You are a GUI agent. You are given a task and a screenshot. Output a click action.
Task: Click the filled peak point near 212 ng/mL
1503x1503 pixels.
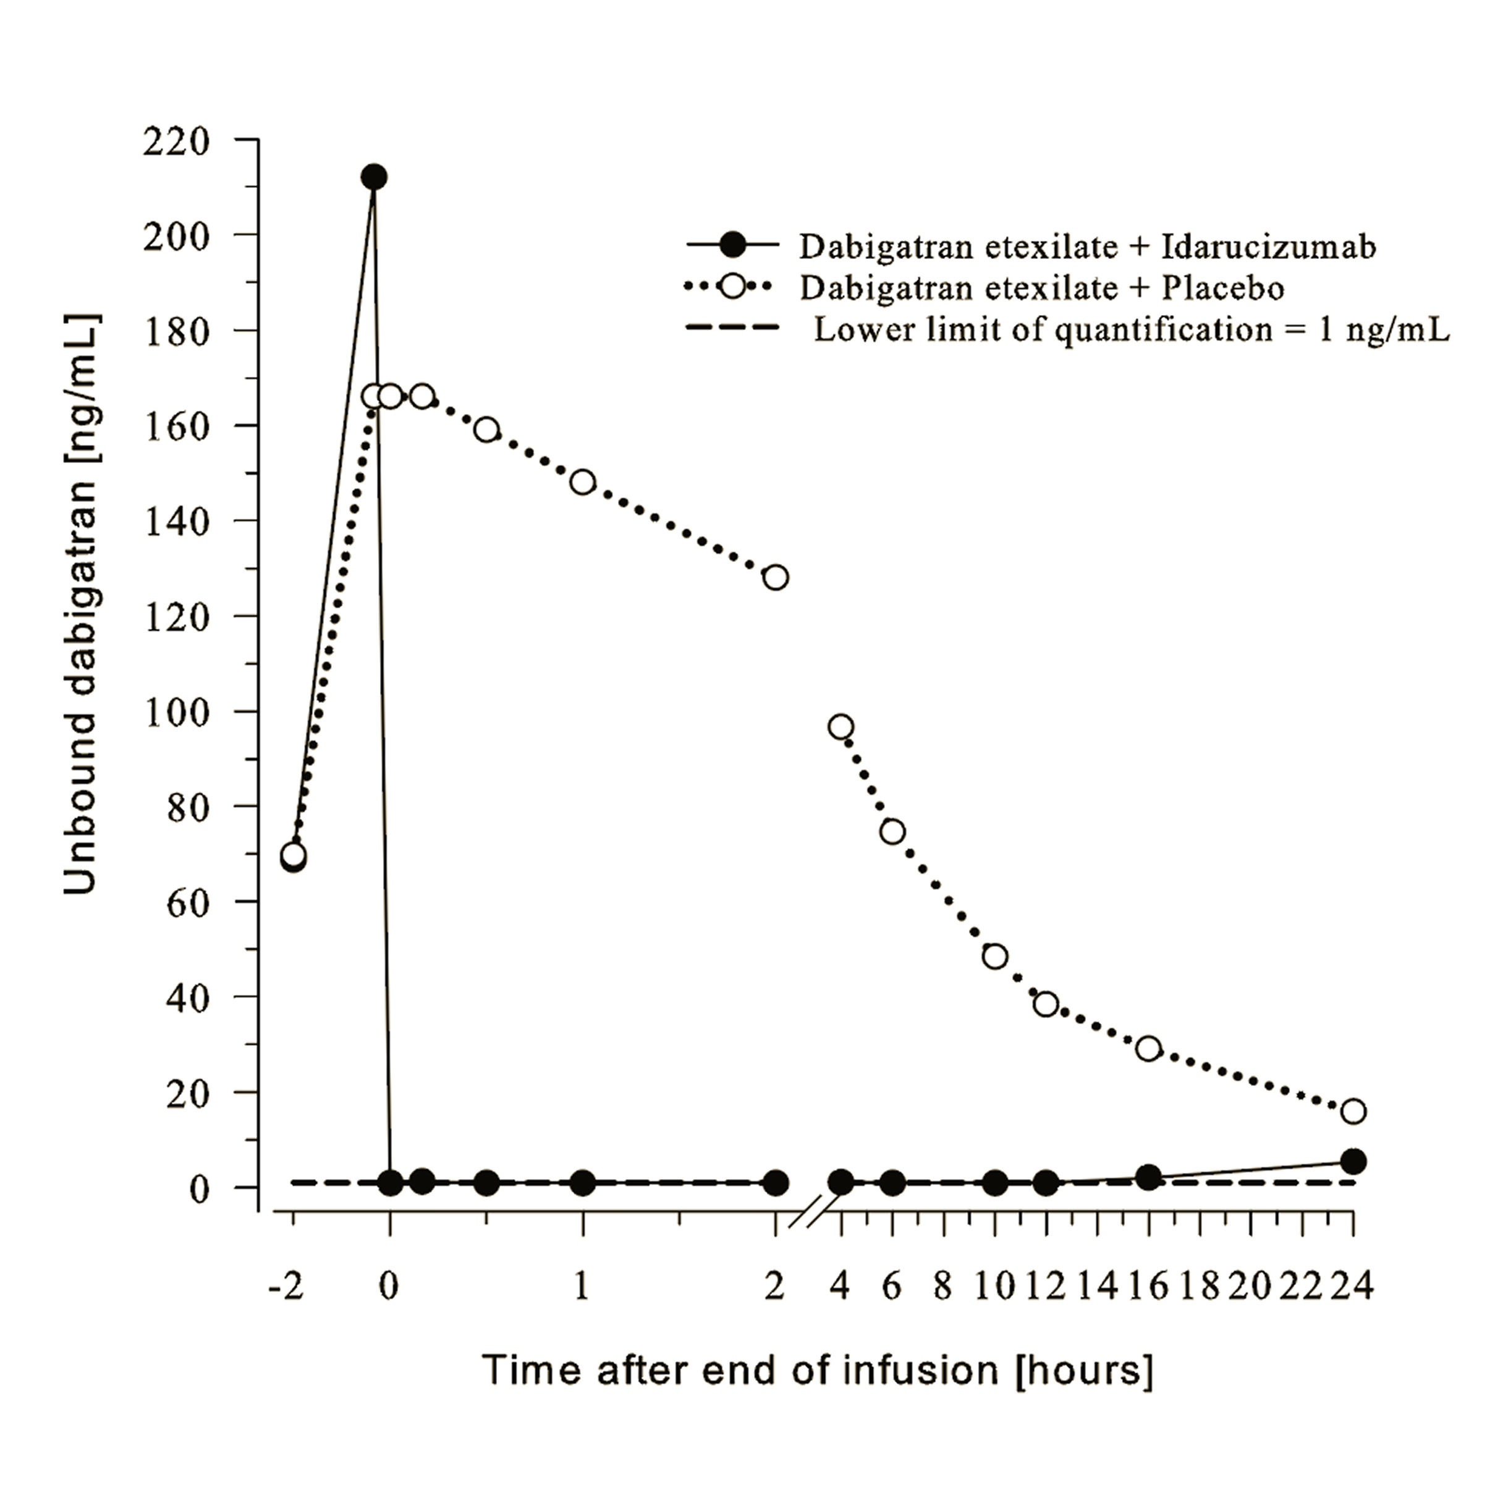point(374,177)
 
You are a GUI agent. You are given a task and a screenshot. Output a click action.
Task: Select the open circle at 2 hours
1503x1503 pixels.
point(776,577)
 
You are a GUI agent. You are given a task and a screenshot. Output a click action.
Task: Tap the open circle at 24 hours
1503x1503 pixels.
point(1353,1112)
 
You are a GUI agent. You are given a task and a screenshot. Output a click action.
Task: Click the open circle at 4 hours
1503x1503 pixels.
point(841,727)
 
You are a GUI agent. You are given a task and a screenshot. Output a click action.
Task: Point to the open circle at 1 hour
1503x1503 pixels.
point(583,482)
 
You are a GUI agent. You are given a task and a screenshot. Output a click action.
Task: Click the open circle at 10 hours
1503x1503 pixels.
point(995,957)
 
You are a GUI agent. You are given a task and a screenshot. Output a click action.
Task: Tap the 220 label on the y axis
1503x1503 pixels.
point(177,142)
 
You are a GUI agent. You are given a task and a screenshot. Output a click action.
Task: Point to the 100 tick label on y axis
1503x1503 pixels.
point(178,713)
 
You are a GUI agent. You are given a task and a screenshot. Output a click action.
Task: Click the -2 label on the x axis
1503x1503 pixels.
point(286,1287)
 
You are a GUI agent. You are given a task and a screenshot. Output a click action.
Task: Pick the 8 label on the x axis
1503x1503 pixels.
point(943,1287)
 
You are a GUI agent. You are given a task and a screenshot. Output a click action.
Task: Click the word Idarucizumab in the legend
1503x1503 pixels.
point(1269,247)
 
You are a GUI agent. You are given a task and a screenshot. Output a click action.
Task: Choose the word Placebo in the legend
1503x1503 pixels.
point(1223,288)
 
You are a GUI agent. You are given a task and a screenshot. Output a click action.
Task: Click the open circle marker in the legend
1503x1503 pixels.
point(732,287)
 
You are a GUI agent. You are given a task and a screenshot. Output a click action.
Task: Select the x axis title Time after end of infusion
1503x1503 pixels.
point(817,1391)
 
